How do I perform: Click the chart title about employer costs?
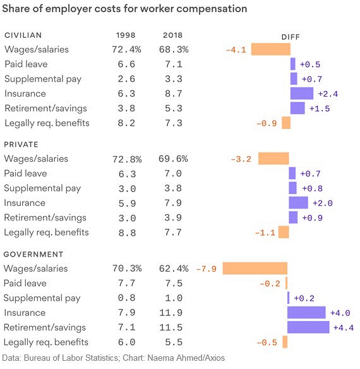[x=124, y=9]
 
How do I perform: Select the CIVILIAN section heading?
[x=23, y=35]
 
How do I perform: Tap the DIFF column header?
[x=291, y=37]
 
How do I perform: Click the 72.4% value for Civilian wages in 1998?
[x=126, y=49]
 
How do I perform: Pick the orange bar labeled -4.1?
[x=271, y=49]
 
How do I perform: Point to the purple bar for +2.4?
[x=302, y=94]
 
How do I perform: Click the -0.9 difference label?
[x=267, y=123]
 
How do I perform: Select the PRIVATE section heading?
[x=21, y=145]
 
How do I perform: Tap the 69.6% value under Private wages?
[x=173, y=159]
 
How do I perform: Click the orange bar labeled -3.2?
[x=273, y=159]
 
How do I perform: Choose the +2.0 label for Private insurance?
[x=323, y=203]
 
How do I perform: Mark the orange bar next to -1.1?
[x=284, y=233]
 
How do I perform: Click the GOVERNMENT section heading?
[x=33, y=255]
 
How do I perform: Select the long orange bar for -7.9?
[x=255, y=269]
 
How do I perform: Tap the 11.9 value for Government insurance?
[x=171, y=313]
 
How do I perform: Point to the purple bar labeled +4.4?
[x=308, y=327]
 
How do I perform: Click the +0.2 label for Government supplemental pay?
[x=304, y=298]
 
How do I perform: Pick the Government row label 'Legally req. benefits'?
[x=46, y=342]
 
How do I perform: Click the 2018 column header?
[x=172, y=35]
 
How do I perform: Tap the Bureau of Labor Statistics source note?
[x=114, y=358]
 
